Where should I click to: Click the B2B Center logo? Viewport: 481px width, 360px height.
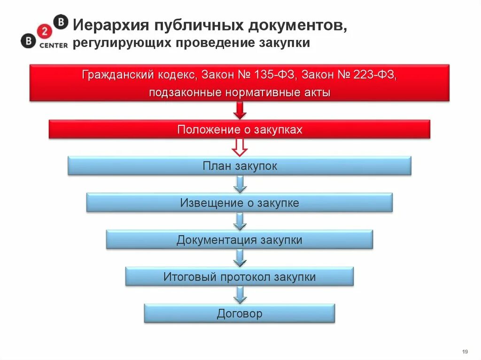[x=44, y=32]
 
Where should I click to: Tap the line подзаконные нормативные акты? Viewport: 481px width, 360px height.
[x=240, y=92]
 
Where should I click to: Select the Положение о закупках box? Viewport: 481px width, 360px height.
[x=240, y=130]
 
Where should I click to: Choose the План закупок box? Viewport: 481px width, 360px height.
[x=240, y=166]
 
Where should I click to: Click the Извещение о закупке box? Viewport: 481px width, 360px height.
[x=240, y=203]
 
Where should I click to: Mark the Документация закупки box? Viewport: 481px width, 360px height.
[x=240, y=240]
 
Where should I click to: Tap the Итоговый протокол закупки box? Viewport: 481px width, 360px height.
[x=240, y=277]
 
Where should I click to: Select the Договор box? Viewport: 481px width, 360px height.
[x=240, y=314]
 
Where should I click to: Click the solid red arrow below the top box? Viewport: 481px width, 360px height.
[x=240, y=111]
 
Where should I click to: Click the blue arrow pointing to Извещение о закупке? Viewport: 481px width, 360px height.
[x=240, y=184]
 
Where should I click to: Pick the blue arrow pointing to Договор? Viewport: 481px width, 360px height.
[x=240, y=295]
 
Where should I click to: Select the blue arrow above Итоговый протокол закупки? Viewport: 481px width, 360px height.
[x=240, y=258]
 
